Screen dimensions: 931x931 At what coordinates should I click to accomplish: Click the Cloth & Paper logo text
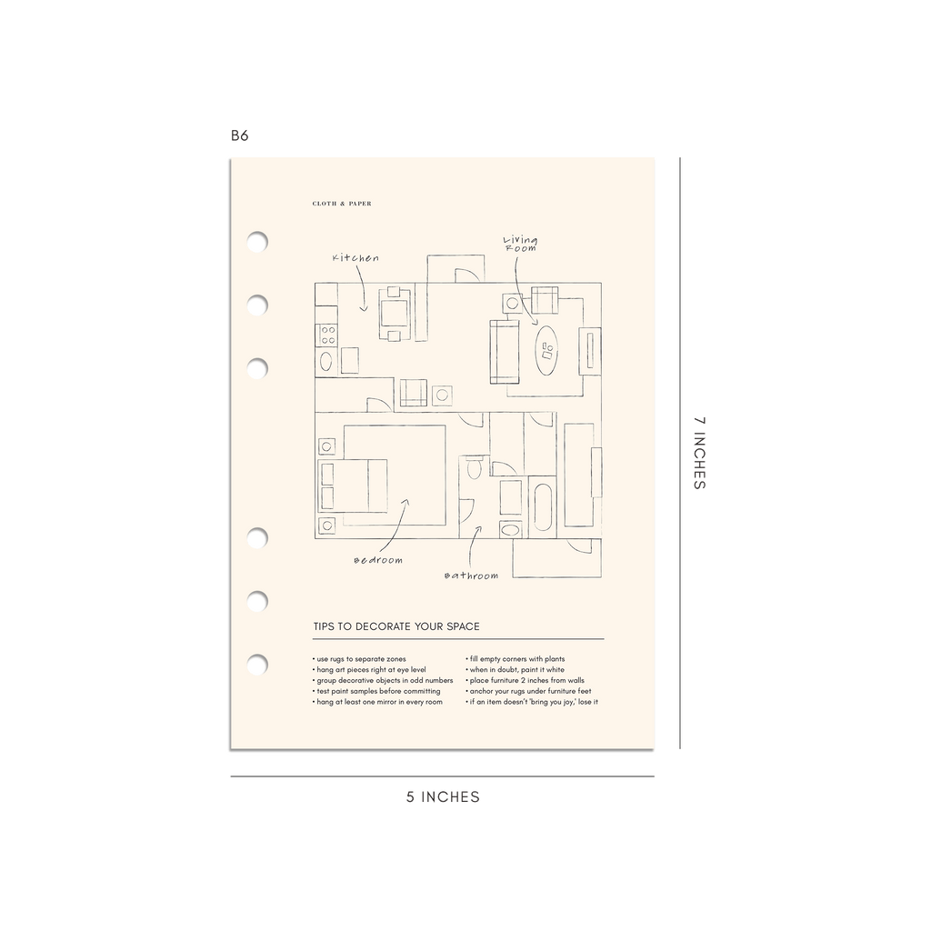pos(342,204)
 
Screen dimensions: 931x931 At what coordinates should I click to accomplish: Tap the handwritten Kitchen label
pos(355,257)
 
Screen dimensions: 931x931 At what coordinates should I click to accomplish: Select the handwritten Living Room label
pos(521,244)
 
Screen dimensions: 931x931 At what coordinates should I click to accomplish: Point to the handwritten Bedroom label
pos(378,560)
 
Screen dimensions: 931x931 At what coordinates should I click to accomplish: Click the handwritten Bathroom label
pos(472,576)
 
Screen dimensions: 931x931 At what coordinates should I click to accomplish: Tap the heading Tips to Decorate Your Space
pos(396,626)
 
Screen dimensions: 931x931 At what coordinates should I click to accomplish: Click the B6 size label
pos(239,135)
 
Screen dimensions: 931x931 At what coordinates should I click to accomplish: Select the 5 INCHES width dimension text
pos(443,796)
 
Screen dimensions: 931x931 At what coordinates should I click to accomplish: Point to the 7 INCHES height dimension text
pos(699,453)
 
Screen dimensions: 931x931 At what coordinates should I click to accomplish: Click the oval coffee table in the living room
pos(546,350)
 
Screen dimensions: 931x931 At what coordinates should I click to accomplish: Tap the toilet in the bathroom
pos(474,468)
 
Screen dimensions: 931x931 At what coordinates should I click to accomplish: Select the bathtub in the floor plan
pos(543,507)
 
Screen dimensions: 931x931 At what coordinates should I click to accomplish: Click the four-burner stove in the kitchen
pos(327,335)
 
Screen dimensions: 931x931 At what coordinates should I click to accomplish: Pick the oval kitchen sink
pos(326,361)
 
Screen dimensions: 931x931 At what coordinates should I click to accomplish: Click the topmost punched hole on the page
pos(257,242)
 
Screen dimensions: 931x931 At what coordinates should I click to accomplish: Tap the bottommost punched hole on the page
pos(257,665)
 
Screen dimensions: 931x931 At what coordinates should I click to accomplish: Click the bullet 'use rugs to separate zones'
pos(359,659)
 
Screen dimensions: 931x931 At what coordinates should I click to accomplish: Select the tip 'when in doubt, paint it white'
pos(516,670)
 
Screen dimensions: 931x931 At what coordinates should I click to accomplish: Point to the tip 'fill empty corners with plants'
pos(516,659)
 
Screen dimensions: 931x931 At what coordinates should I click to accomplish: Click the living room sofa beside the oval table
pos(505,353)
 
